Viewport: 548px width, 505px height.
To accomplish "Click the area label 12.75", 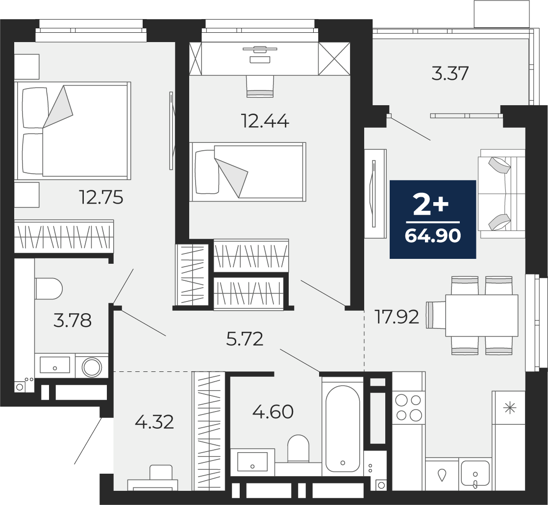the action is pos(101,198).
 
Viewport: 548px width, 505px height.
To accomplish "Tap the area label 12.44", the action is pos(265,121).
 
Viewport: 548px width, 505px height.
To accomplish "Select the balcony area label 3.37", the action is pos(450,73).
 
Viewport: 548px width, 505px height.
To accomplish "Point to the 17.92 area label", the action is pos(397,317).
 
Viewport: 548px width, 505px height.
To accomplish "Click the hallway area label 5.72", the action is pos(245,339).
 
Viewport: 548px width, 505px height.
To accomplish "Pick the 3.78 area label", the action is pos(73,321).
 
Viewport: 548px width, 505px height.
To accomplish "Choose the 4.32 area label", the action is pos(154,422).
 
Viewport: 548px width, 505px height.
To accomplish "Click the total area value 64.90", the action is pos(433,236).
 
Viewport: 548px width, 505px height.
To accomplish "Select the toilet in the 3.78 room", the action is pos(49,289).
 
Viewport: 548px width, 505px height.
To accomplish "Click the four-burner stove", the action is pos(408,407).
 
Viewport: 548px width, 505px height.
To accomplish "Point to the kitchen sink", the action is pos(475,473).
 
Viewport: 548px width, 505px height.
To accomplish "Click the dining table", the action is pos(482,316).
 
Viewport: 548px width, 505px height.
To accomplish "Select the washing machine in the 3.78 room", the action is pos(92,367).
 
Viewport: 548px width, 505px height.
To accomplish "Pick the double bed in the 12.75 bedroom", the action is pos(73,131).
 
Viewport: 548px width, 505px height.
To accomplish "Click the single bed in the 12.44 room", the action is pos(248,172).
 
